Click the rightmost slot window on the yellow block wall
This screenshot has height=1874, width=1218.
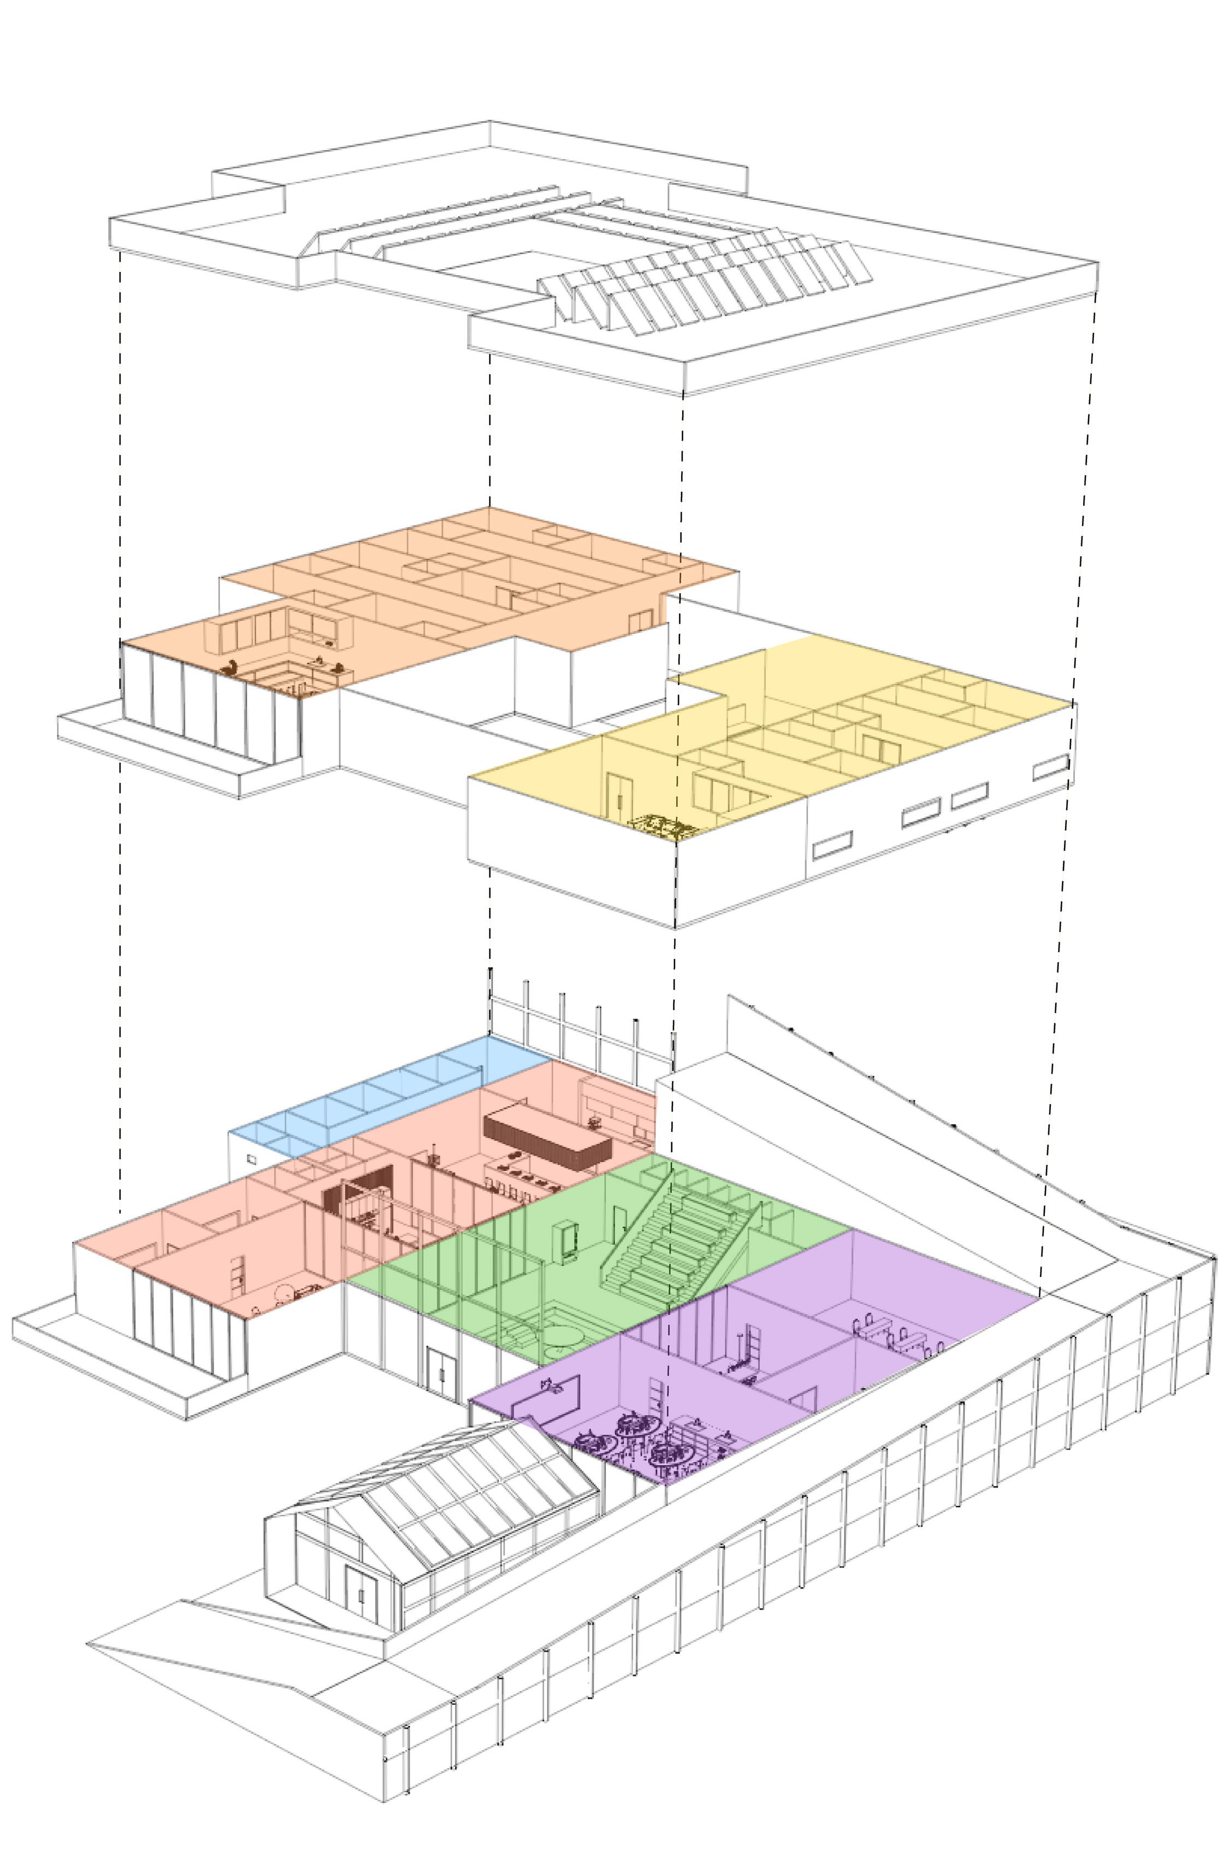click(1050, 767)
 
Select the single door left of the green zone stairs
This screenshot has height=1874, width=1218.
click(621, 1219)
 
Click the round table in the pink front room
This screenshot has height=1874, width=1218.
click(282, 1292)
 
